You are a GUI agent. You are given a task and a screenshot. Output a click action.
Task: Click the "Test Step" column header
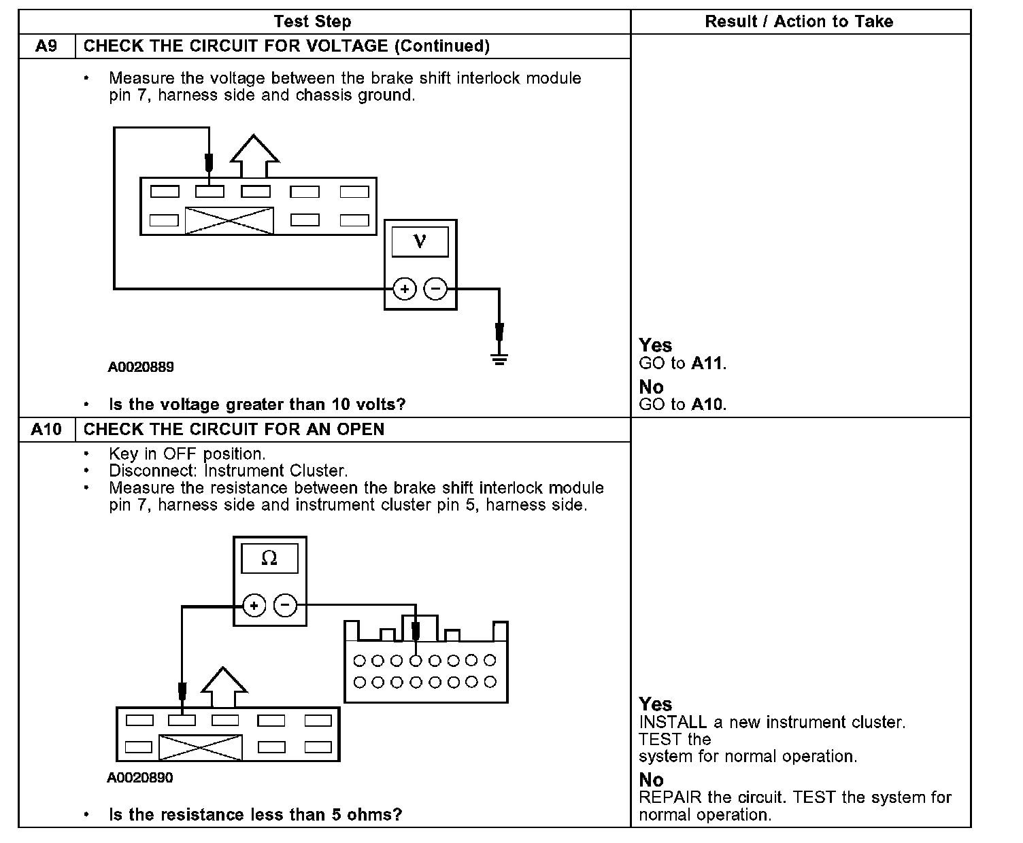[x=312, y=22]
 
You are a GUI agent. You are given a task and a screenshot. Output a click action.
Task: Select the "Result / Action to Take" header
[x=799, y=22]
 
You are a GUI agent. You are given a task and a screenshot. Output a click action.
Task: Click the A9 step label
[x=46, y=46]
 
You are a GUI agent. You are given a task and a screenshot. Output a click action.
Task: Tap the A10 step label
[x=46, y=430]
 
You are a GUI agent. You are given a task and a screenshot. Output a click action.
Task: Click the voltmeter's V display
[x=420, y=241]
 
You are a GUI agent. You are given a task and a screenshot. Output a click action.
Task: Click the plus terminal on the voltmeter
[x=405, y=289]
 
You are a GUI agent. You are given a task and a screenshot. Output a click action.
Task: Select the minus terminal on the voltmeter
[x=435, y=289]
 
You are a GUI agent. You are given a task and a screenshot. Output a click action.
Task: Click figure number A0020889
[x=141, y=367]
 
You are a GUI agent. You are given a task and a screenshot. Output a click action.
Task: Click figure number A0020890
[x=140, y=778]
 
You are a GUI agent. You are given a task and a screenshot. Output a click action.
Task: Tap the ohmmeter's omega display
[x=269, y=559]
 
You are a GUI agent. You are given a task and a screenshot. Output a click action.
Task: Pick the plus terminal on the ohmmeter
[x=254, y=605]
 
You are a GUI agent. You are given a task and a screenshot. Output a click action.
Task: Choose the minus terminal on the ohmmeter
[x=285, y=605]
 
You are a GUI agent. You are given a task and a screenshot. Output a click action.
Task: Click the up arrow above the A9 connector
[x=254, y=156]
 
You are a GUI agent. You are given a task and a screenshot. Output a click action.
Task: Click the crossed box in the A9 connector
[x=229, y=221]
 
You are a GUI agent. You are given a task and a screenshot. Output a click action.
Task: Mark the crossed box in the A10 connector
[x=201, y=747]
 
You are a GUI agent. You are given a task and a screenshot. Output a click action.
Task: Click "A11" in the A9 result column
[x=707, y=364]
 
